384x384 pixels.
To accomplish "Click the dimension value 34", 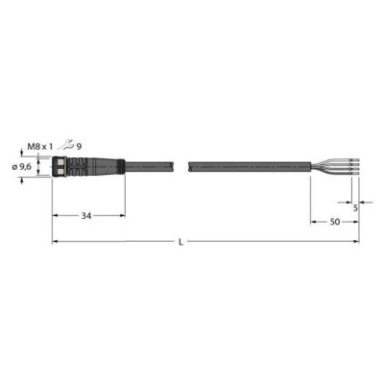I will tap(88, 217).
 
